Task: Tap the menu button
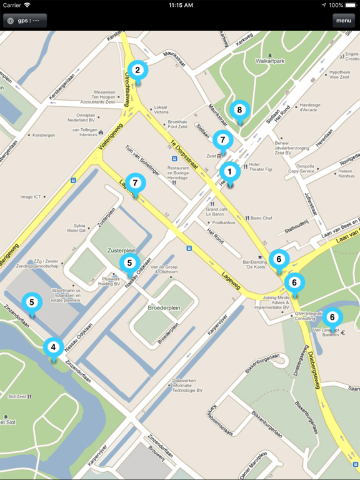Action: pos(343,21)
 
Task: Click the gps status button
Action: pos(24,21)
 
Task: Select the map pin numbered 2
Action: pos(137,71)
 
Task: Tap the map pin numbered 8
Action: pos(239,110)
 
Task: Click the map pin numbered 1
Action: pos(229,171)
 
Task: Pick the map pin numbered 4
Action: pos(53,347)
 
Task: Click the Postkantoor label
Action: pos(223,222)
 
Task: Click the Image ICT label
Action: pos(31,197)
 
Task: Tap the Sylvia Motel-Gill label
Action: pos(80,227)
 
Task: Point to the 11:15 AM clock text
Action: pos(181,5)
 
